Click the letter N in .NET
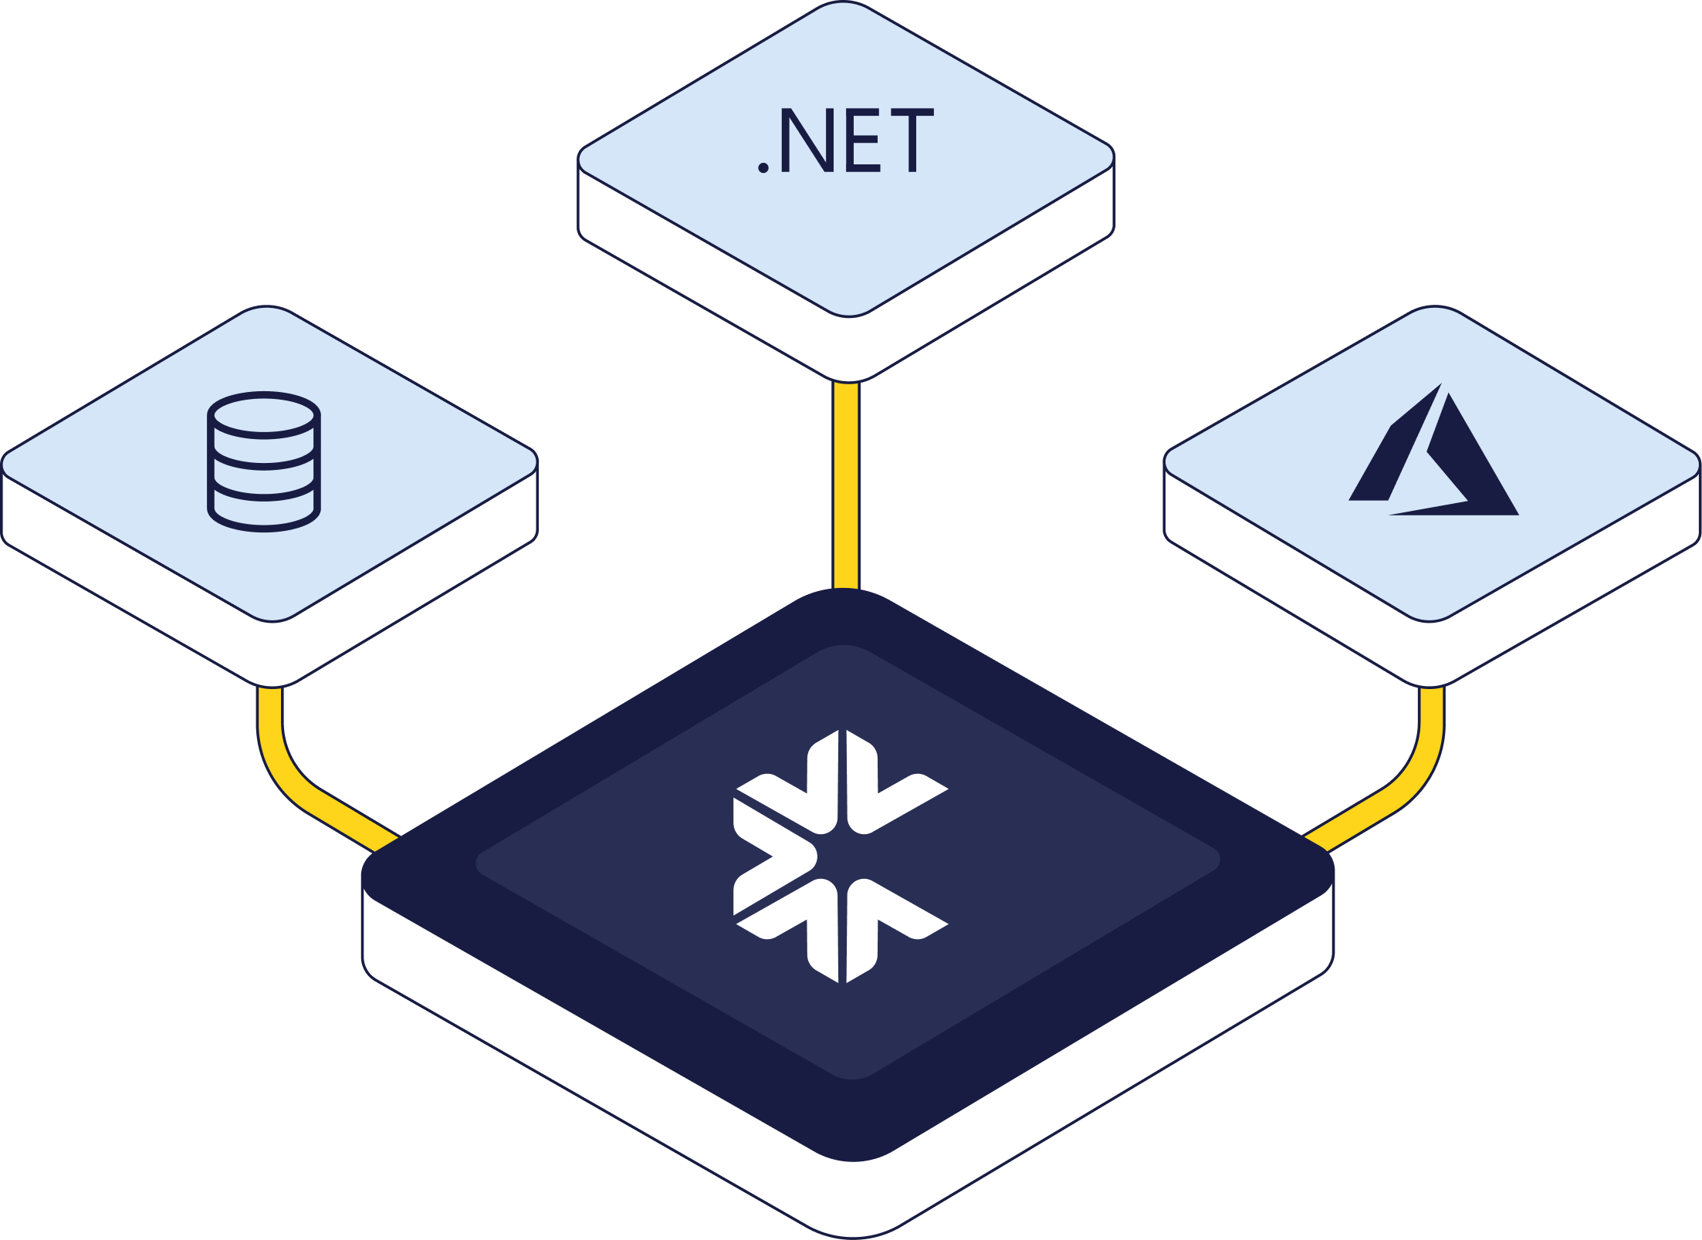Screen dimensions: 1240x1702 pyautogui.click(x=807, y=140)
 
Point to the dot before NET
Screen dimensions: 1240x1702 pyautogui.click(x=763, y=167)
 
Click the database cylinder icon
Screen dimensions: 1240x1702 pyautogui.click(x=264, y=461)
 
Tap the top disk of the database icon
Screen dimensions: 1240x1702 pyautogui.click(x=264, y=415)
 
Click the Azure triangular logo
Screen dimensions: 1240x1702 pyautogui.click(x=1433, y=455)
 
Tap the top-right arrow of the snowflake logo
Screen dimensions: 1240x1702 pyautogui.click(x=895, y=791)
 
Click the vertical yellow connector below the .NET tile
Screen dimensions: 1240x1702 pyautogui.click(x=846, y=486)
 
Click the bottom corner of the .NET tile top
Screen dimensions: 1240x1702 pyautogui.click(x=848, y=313)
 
